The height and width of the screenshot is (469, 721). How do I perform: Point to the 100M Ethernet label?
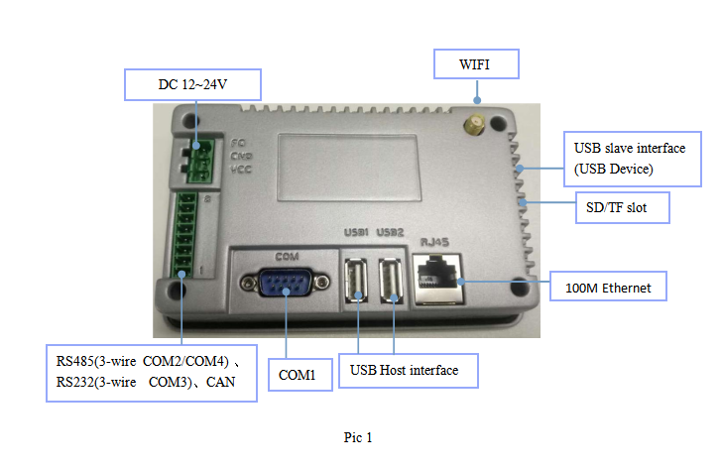click(609, 288)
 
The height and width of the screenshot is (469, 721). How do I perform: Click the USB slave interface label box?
click(630, 159)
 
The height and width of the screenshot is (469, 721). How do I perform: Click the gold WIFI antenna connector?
click(475, 125)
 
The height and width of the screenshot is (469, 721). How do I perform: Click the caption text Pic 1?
click(358, 437)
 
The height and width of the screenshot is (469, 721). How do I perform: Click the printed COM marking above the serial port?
click(287, 257)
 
